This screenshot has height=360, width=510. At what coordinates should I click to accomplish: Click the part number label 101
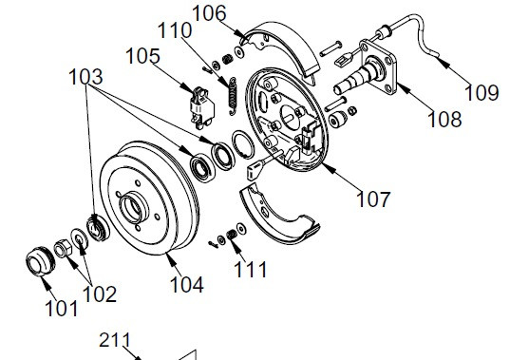(x=62, y=309)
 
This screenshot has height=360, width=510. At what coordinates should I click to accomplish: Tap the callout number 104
(x=187, y=284)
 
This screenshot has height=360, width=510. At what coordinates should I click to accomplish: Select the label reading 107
(x=373, y=199)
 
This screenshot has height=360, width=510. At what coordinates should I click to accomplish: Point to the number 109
(x=482, y=93)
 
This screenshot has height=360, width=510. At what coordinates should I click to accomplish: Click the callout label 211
(x=115, y=340)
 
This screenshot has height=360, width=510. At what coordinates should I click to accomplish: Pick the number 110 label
(x=175, y=30)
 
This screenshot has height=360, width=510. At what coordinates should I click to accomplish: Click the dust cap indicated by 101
(x=40, y=262)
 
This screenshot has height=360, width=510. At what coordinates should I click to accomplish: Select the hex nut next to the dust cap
(x=63, y=249)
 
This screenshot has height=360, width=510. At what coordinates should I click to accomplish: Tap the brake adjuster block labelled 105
(x=201, y=106)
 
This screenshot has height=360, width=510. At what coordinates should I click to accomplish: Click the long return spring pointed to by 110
(x=233, y=96)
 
